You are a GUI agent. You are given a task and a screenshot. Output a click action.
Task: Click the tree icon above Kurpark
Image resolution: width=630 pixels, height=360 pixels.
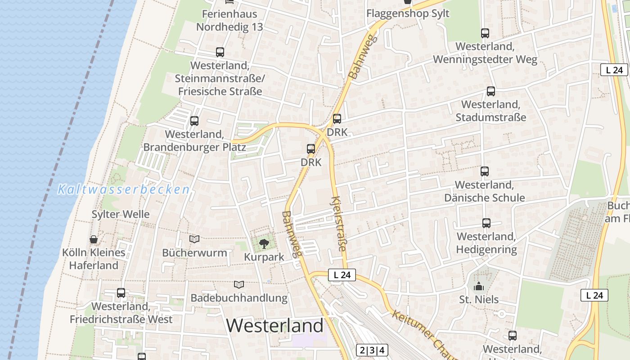(264, 244)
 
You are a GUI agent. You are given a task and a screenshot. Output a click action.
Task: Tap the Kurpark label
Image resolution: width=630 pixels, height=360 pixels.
(264, 257)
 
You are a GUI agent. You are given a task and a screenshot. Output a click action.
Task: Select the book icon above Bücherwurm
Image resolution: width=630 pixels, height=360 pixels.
(194, 239)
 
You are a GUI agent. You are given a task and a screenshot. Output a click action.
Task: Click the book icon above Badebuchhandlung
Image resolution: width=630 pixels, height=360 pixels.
(239, 284)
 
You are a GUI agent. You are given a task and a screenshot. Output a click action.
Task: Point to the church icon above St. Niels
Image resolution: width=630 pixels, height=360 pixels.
(479, 286)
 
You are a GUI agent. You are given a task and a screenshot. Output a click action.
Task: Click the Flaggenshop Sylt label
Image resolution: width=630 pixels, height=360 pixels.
(408, 13)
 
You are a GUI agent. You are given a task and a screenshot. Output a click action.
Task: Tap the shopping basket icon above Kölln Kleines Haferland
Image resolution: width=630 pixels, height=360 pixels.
(94, 239)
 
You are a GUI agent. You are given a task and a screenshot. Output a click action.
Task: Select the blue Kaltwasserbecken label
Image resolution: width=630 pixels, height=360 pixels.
(124, 189)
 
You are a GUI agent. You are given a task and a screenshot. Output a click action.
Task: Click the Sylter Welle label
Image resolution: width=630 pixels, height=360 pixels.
(121, 214)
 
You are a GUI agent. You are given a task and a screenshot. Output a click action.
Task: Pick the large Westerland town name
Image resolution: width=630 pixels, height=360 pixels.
(275, 325)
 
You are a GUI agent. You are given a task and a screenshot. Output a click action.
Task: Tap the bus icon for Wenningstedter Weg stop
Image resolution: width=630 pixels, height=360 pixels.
(485, 33)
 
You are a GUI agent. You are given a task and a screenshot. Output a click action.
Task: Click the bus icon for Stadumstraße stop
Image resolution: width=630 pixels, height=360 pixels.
(491, 91)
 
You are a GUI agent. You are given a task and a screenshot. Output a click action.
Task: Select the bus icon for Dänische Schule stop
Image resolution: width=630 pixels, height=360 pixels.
(485, 171)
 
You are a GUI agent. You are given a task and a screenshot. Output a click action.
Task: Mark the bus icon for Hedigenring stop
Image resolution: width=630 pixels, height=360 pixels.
(486, 223)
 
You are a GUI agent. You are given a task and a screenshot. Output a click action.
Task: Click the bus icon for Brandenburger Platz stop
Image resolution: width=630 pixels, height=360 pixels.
(194, 121)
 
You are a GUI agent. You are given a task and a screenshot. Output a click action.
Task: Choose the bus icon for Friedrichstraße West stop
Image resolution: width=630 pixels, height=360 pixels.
(121, 293)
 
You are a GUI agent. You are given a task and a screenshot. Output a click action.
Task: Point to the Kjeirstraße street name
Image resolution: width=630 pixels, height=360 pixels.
(339, 224)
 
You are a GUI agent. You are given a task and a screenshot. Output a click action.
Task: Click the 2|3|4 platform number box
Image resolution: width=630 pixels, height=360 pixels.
(372, 350)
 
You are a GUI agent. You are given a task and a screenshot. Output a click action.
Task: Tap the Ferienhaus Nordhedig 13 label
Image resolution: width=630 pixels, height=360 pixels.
(229, 20)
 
